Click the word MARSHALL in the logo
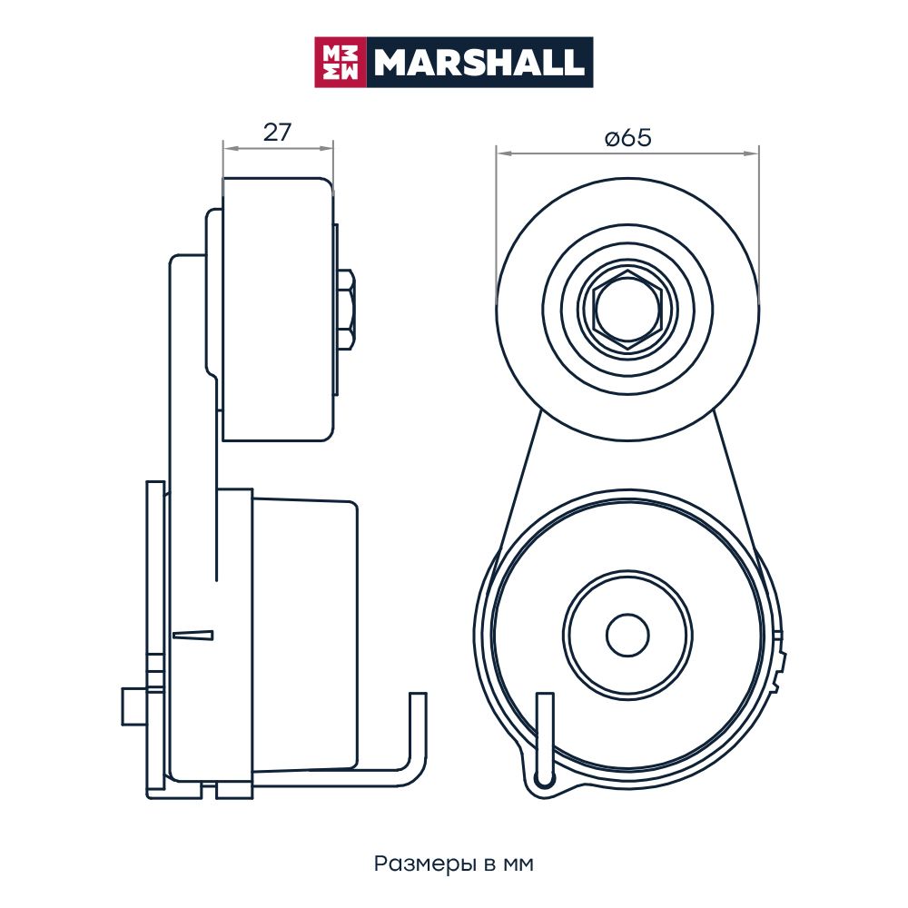coord(479,62)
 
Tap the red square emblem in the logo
coord(340,62)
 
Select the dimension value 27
coord(277,133)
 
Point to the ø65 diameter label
coord(627,138)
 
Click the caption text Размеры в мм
coord(453,864)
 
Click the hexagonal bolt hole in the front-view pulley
coord(627,310)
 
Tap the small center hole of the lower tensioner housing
coord(627,636)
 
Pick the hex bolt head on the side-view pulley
coord(346,310)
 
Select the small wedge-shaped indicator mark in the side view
coord(192,636)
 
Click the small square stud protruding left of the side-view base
coord(133,706)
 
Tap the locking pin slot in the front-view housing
coord(545,739)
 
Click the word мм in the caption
coord(518,865)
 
